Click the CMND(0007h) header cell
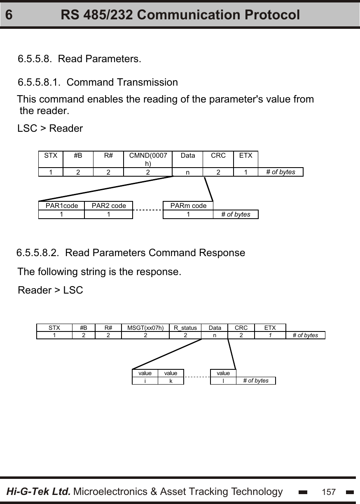coord(148,159)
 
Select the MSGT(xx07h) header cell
coord(145,328)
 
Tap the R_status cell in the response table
coord(185,328)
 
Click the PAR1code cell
coord(61,205)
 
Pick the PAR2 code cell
coord(109,205)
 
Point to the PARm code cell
coord(188,205)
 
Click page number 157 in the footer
coord(329,492)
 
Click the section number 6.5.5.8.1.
coord(40,82)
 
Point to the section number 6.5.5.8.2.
coord(38,252)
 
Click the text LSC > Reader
coord(50,128)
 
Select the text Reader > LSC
coord(50,290)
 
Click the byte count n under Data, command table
coord(187,172)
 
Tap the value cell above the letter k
coord(171,373)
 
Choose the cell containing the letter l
coord(223,381)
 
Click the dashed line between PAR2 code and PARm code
coord(148,210)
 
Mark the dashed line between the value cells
coord(197,377)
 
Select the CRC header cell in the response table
coord(241,328)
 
